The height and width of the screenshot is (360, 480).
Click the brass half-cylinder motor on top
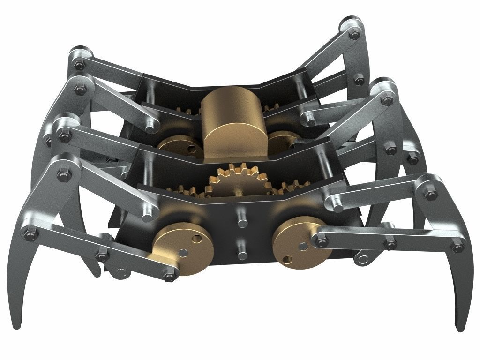[232, 123]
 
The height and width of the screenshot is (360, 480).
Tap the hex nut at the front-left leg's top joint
[62, 175]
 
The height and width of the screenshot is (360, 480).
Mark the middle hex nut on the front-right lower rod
[390, 244]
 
